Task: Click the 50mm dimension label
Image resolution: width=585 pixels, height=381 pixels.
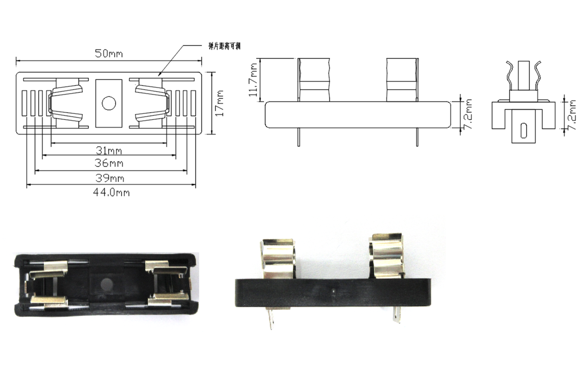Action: click(108, 53)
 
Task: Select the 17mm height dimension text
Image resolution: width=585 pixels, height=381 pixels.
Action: click(220, 104)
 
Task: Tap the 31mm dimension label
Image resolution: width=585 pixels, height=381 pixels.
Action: click(109, 150)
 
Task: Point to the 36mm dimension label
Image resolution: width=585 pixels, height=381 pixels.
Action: click(109, 163)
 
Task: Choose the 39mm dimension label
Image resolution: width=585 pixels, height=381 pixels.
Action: click(110, 178)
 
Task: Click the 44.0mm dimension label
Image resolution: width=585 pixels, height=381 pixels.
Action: click(111, 192)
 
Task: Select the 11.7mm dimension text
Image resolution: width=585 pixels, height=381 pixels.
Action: click(254, 80)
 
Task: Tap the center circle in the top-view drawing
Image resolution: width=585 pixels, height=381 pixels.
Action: click(109, 103)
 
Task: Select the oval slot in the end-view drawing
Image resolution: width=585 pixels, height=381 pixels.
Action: click(524, 130)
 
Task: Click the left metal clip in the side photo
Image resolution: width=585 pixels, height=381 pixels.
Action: click(278, 258)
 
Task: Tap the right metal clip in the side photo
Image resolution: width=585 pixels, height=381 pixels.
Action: click(387, 256)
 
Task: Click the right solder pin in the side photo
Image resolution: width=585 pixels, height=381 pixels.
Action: click(396, 315)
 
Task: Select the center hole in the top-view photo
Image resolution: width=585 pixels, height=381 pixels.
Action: click(107, 285)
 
